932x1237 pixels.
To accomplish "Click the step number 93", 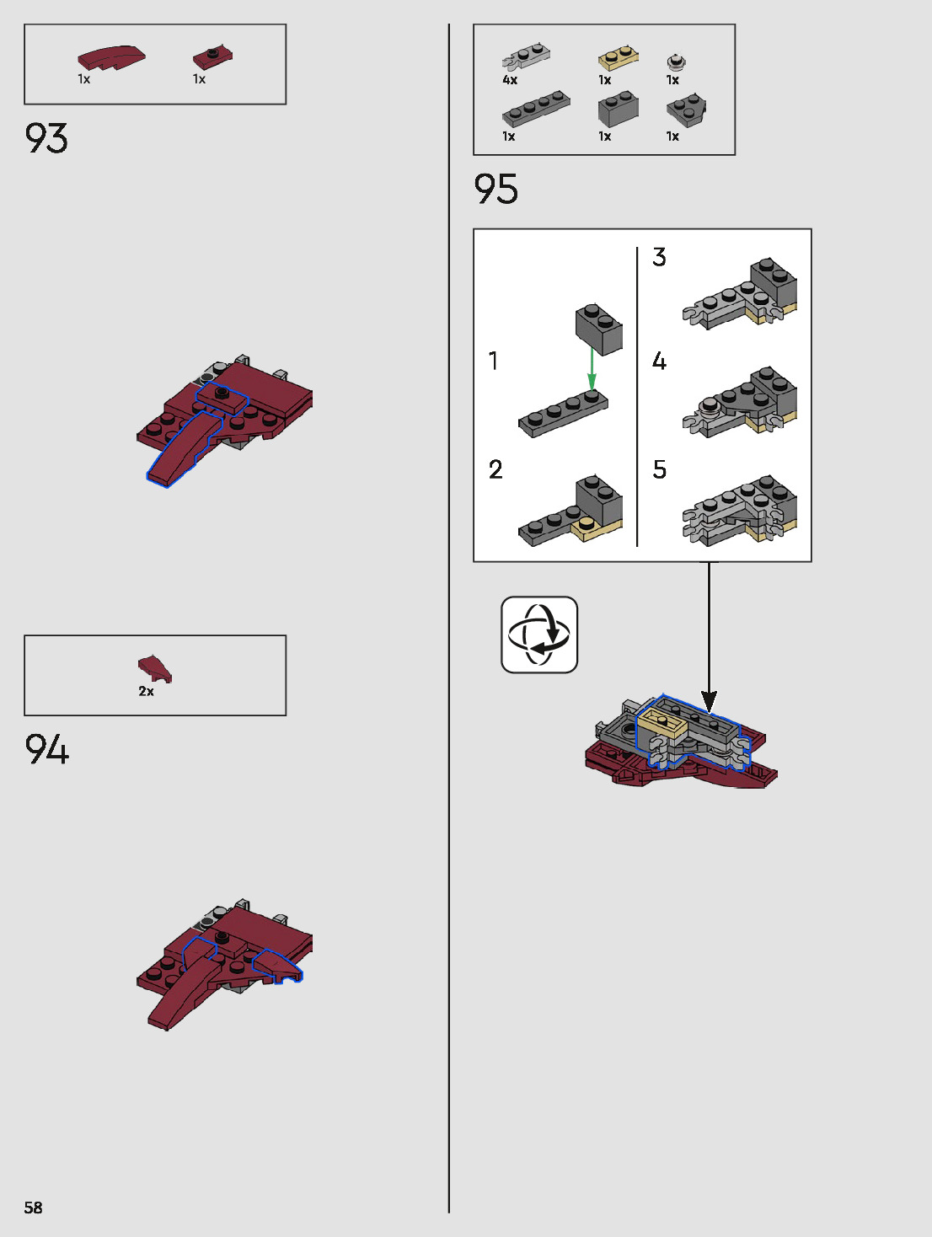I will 46,139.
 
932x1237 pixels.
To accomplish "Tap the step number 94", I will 46,749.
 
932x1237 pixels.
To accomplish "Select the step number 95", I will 495,189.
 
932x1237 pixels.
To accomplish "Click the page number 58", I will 33,1208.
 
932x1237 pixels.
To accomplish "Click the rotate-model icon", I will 539,635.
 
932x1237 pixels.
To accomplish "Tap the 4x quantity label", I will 510,80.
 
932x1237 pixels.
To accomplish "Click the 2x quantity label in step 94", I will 146,691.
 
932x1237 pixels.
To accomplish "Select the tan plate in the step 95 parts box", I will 619,58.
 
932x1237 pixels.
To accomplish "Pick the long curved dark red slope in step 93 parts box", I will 111,57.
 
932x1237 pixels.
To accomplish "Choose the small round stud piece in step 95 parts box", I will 676,62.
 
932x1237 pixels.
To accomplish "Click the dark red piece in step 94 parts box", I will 155,668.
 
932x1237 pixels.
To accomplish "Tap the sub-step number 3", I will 659,257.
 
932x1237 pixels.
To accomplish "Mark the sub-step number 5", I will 659,469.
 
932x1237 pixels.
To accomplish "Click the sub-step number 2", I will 495,469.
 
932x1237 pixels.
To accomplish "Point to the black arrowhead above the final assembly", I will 710,701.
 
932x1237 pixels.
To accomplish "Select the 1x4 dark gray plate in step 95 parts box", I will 536,110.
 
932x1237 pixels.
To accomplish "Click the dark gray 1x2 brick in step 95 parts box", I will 619,110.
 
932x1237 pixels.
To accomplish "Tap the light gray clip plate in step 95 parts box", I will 527,56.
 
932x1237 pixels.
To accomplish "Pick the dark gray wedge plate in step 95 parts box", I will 686,110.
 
